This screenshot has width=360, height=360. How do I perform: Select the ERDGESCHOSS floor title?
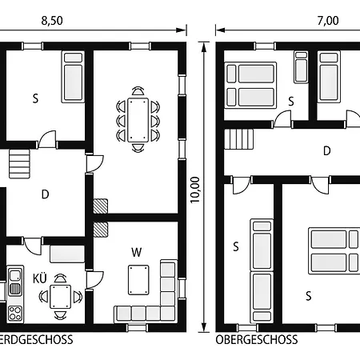pos(37,339)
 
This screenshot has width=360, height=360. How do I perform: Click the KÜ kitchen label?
pos(38,279)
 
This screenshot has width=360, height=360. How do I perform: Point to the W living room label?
pos(137,253)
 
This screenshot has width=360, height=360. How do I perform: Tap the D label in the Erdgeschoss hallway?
pos(45,194)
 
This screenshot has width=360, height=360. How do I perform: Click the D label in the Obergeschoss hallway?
pos(326,150)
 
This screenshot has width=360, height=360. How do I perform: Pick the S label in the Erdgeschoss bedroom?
pos(35,99)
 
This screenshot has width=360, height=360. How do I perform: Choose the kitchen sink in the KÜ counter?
pos(15,278)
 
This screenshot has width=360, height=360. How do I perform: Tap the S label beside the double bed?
pos(307,294)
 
